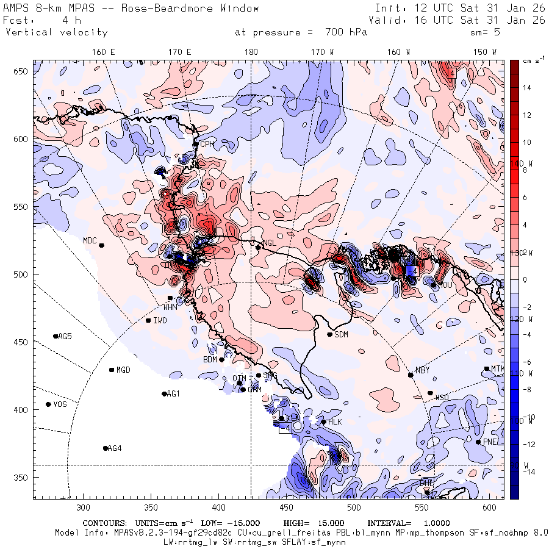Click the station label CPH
[x=208, y=145]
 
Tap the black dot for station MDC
[x=101, y=245]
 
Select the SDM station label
[x=342, y=334]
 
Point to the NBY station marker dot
[x=411, y=375]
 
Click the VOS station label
[x=60, y=404]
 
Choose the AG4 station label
[x=115, y=448]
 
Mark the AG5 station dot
[x=56, y=336]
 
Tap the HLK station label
[x=335, y=422]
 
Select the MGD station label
[x=123, y=370]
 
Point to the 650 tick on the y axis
[x=23, y=72]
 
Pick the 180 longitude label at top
[x=251, y=52]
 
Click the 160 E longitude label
[x=104, y=52]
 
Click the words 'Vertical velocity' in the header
[x=56, y=32]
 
